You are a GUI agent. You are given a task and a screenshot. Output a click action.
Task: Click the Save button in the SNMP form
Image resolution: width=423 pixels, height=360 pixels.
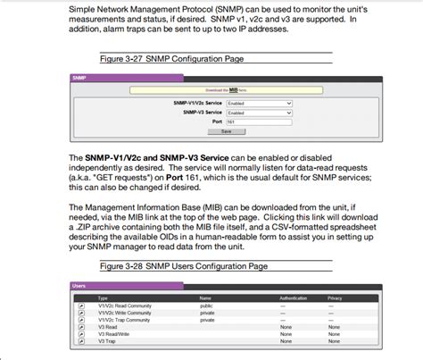coord(226,131)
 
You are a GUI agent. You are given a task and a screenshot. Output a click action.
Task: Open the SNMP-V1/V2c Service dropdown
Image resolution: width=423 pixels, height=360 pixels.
coord(259,103)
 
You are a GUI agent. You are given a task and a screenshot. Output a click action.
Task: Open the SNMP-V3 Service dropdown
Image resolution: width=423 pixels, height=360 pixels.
coord(259,113)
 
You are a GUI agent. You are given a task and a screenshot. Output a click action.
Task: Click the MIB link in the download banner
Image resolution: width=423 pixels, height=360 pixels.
coord(233,90)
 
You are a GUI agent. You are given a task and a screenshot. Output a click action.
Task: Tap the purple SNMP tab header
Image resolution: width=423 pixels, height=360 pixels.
coord(79,79)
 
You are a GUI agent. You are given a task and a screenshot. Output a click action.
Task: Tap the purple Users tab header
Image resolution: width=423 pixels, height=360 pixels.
coord(79,285)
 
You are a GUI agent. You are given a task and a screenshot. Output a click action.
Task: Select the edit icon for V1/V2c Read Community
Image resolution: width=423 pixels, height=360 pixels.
coord(80,306)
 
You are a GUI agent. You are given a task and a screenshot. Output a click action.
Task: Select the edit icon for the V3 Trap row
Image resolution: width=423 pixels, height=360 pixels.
coord(80,341)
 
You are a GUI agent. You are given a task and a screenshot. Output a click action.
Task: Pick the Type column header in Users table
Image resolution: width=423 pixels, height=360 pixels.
coord(103,297)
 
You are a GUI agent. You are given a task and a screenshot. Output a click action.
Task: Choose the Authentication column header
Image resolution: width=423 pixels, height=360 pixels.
coord(294,297)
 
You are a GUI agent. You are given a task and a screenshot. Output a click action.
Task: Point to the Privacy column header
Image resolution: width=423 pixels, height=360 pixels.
coord(335,297)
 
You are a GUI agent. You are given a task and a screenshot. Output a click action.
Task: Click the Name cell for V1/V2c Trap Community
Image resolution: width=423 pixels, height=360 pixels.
coord(206,320)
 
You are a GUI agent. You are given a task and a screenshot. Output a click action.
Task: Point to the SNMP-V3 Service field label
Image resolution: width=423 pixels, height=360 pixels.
coord(203,113)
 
